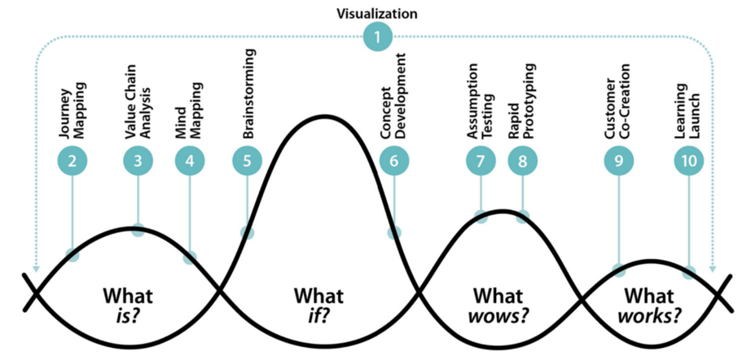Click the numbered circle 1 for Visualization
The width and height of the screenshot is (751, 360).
tap(377, 37)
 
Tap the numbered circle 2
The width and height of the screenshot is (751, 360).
tap(72, 160)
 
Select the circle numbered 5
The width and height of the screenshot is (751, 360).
tap(247, 160)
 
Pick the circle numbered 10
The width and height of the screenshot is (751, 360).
tap(689, 160)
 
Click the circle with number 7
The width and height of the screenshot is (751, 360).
tap(481, 160)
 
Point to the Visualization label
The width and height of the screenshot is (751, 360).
tap(377, 13)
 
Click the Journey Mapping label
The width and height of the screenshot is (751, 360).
tap(72, 111)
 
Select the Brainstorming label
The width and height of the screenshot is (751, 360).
tap(248, 94)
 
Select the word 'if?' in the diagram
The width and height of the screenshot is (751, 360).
tap(318, 317)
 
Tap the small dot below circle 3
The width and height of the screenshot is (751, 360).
tap(138, 230)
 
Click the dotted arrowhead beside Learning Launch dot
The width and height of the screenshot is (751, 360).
tap(712, 269)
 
